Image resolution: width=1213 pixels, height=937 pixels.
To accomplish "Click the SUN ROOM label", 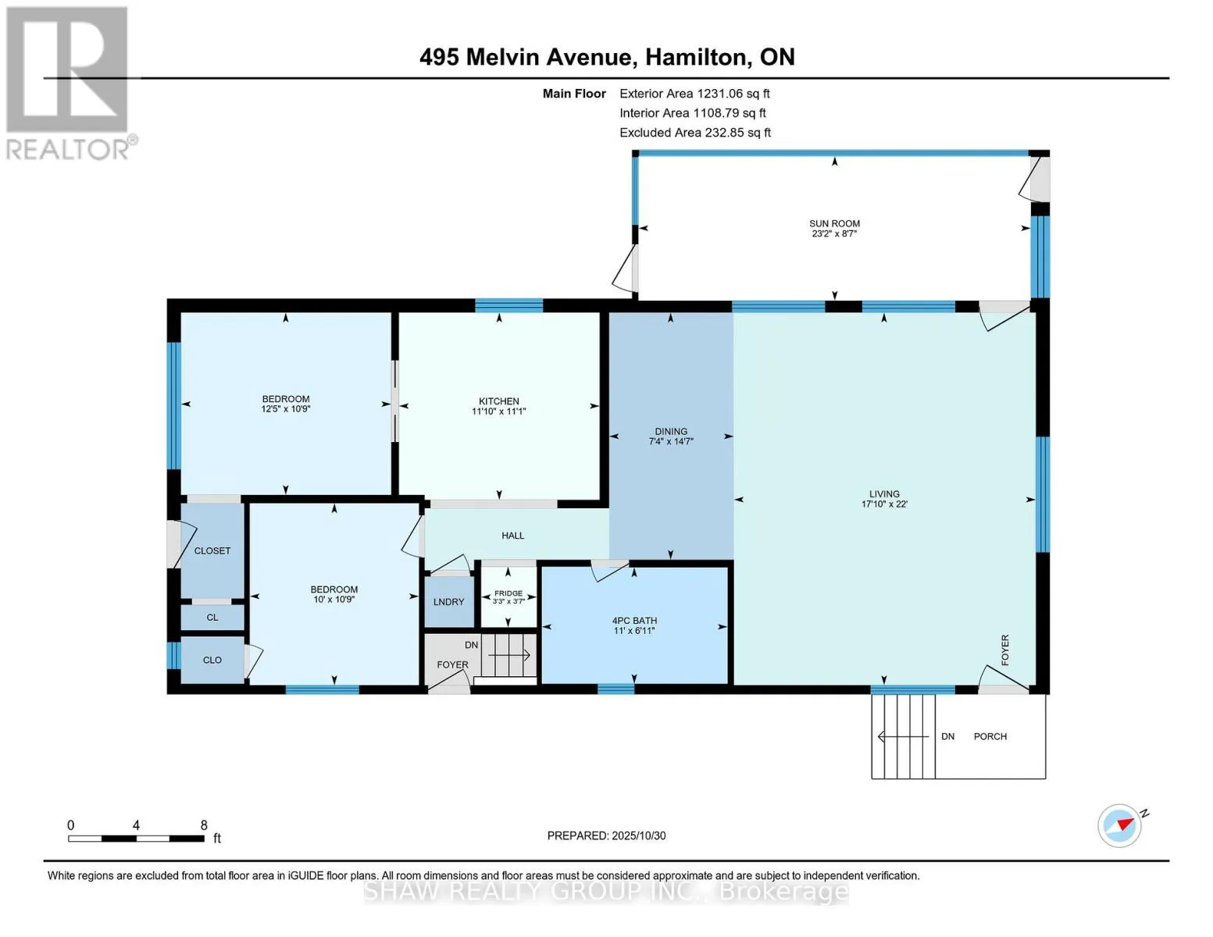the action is [834, 223].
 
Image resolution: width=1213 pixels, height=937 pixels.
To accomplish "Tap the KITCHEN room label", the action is [498, 401].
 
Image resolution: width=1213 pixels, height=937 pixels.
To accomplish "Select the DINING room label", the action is [670, 431].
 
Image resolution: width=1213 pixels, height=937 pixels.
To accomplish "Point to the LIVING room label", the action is [884, 494].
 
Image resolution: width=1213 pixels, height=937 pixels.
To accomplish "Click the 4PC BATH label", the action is [634, 621].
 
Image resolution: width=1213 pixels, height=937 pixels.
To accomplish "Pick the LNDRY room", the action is [449, 601].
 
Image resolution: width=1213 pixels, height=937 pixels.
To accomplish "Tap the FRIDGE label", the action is [508, 593].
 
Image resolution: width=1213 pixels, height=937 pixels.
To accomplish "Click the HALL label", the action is [512, 536].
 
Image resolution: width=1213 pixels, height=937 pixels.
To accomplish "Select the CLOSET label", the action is [212, 550].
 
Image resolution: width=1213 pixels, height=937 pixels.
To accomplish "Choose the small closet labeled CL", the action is [212, 617].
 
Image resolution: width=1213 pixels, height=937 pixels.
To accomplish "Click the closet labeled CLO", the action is [212, 660].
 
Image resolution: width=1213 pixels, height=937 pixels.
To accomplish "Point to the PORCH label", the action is [990, 736].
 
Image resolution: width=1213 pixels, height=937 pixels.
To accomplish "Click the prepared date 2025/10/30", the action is [638, 835].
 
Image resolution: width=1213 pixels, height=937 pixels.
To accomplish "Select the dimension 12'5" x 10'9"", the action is [285, 409].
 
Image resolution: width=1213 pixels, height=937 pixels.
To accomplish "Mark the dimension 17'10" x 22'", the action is [884, 504].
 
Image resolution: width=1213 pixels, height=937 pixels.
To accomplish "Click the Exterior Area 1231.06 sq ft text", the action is [694, 94].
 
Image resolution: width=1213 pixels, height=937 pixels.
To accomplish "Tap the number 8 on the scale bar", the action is [204, 825].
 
